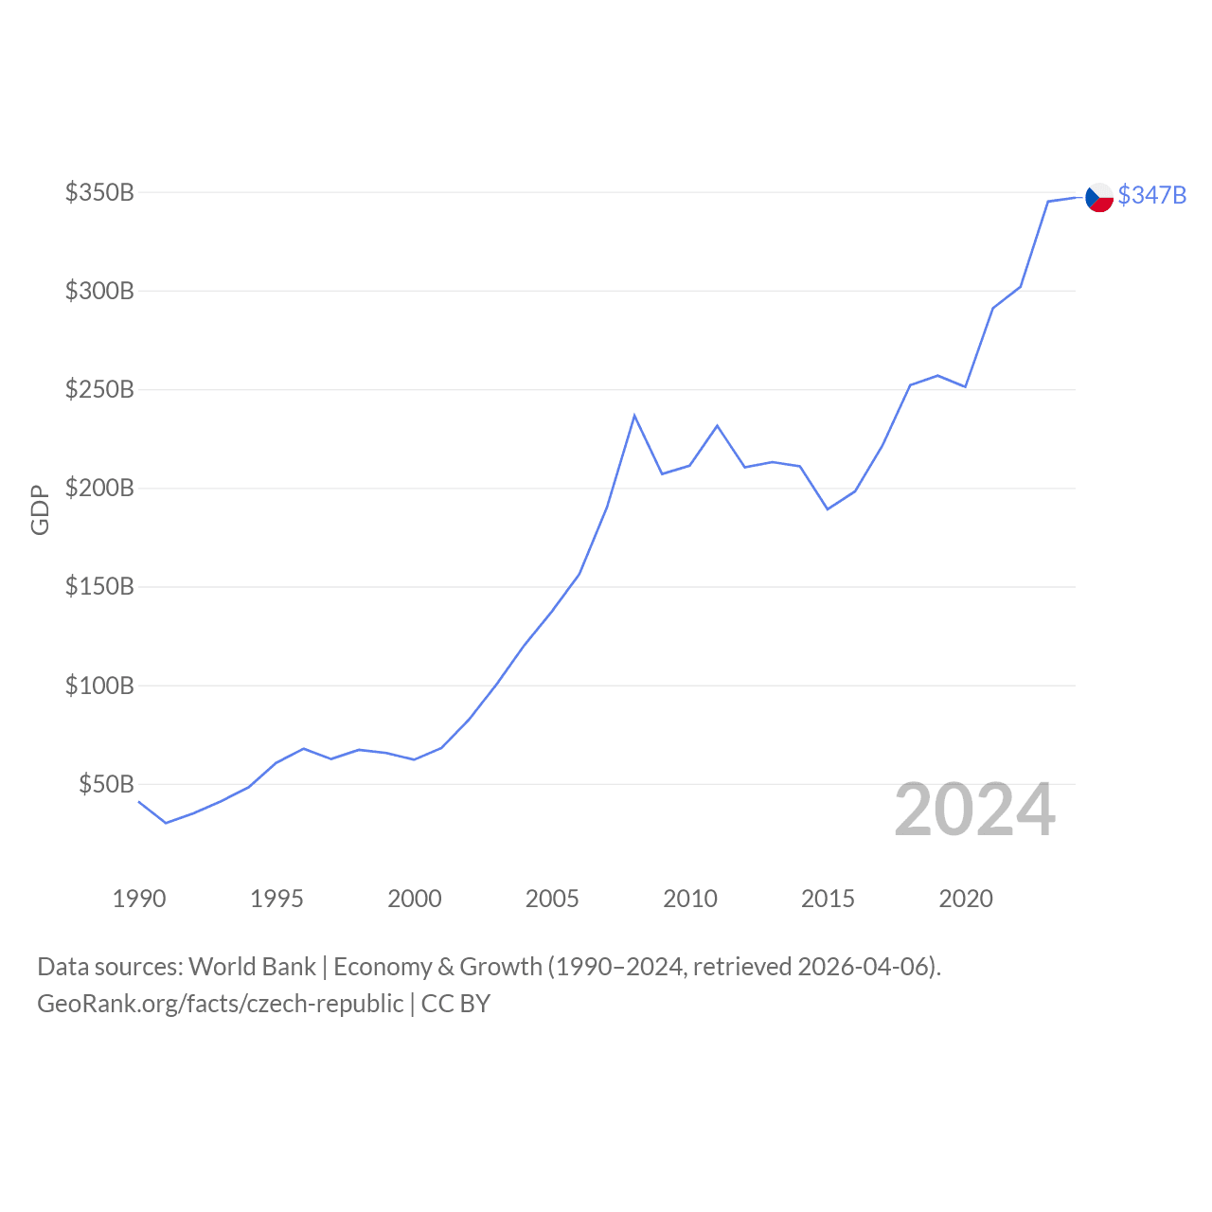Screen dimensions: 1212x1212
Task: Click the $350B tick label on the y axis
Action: [x=99, y=193]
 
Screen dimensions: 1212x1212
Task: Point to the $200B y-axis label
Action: [x=99, y=489]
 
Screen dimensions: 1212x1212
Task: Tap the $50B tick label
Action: [x=106, y=785]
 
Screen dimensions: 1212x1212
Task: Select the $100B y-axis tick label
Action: [x=99, y=686]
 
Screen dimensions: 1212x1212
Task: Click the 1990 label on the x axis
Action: [x=138, y=899]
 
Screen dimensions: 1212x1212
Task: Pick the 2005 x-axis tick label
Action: [x=552, y=899]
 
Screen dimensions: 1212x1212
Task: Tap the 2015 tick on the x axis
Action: [x=828, y=899]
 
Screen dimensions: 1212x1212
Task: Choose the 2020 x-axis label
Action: [x=966, y=899]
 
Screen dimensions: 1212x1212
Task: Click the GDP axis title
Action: [x=40, y=509]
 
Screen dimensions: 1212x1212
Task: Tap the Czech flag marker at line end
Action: [x=1099, y=197]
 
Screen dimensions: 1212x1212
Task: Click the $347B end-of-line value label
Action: [x=1152, y=195]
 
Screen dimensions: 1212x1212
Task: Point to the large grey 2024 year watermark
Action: [x=974, y=811]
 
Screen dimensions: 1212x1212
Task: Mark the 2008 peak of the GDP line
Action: [x=634, y=415]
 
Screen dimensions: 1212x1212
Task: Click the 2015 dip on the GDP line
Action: [x=828, y=509]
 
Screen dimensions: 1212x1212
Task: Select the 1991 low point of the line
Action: [x=166, y=823]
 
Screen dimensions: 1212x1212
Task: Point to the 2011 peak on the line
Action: [x=717, y=425]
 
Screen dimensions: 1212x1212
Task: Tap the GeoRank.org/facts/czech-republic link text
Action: [x=220, y=1004]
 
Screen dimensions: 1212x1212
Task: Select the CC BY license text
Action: [x=455, y=1004]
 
